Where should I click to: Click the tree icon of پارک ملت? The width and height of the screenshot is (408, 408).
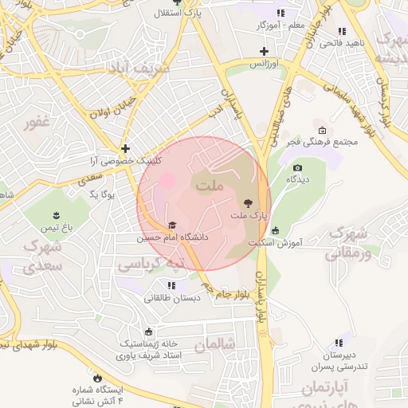pyautogui.click(x=246, y=203)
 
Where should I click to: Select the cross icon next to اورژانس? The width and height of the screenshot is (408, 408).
pyautogui.click(x=264, y=51)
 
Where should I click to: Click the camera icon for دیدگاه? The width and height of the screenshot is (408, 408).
pyautogui.click(x=297, y=167)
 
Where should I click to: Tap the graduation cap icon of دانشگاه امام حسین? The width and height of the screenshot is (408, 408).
pyautogui.click(x=171, y=226)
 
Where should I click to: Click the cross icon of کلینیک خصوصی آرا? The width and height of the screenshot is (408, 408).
pyautogui.click(x=125, y=148)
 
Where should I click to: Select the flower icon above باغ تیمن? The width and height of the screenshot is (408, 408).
pyautogui.click(x=57, y=214)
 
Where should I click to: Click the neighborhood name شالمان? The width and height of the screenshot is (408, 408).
pyautogui.click(x=215, y=345)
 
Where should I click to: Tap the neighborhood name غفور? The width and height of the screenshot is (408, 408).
pyautogui.click(x=37, y=122)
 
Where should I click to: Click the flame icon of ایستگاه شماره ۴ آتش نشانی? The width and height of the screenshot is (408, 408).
pyautogui.click(x=98, y=377)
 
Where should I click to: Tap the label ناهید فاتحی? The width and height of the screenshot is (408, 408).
pyautogui.click(x=342, y=42)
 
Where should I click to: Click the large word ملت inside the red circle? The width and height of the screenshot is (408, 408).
pyautogui.click(x=210, y=186)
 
